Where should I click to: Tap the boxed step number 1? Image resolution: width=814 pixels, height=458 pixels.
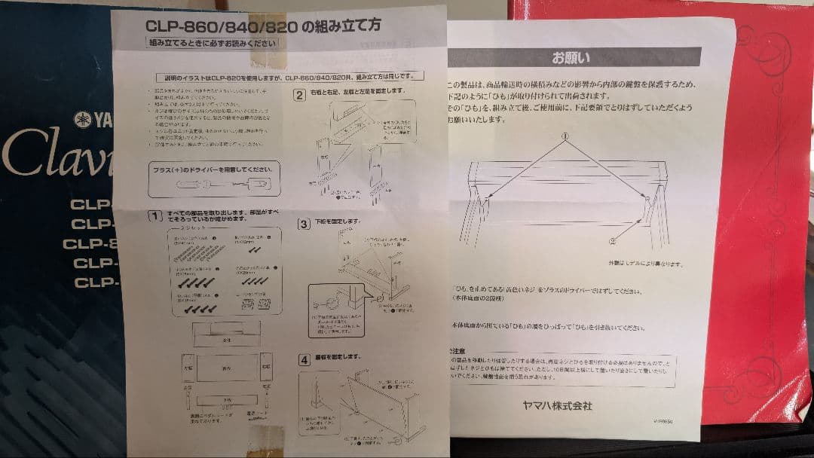pyautogui.click(x=155, y=216)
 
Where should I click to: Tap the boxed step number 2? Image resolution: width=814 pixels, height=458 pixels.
pyautogui.click(x=301, y=95)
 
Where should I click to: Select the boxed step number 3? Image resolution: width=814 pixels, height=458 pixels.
pyautogui.click(x=304, y=224)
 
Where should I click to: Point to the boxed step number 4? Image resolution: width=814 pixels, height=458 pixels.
pyautogui.click(x=304, y=360)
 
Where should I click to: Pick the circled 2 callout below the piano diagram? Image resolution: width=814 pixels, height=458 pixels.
pyautogui.click(x=612, y=241)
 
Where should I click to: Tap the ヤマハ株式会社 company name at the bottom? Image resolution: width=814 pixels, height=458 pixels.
pyautogui.click(x=558, y=405)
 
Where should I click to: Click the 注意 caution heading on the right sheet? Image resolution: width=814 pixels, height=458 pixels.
pyautogui.click(x=457, y=351)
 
